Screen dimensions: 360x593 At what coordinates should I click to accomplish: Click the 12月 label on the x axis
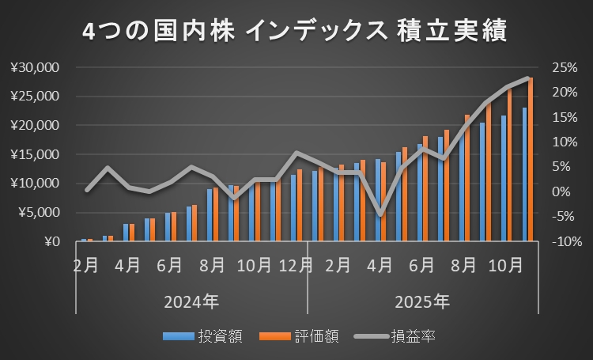tap(296, 265)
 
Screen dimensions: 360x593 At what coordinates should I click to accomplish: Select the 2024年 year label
tap(191, 301)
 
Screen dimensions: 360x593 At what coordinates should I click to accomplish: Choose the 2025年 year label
tap(423, 301)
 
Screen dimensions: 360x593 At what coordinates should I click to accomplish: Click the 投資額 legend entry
tap(211, 336)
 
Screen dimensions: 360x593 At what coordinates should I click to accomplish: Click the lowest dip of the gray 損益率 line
tap(381, 214)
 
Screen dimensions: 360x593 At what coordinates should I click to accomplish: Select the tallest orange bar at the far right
tap(531, 158)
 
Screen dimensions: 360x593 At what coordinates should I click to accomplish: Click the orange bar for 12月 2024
tap(300, 205)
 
